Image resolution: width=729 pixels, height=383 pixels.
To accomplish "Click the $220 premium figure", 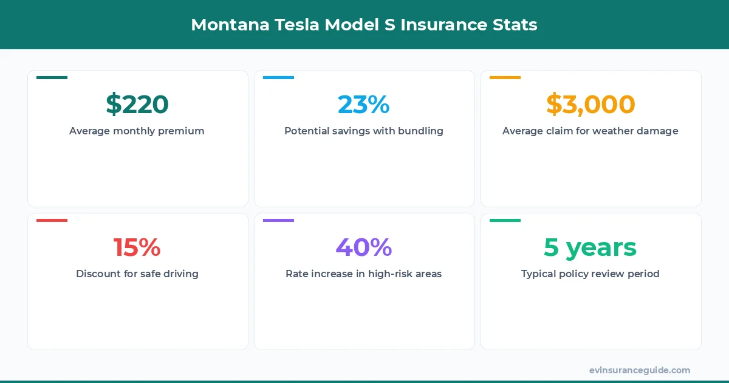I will (137, 105).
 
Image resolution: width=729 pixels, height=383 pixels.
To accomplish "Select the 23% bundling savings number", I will (364, 105).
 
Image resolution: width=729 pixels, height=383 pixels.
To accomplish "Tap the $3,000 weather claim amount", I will (590, 105).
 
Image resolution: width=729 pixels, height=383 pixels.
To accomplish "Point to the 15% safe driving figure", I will (137, 247).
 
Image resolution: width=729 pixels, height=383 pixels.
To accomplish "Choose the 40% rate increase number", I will (364, 247).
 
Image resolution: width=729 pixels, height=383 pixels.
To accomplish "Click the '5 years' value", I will (590, 247).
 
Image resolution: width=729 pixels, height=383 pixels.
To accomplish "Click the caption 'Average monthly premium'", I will (137, 131).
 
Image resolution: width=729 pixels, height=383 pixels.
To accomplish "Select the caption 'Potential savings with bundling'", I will (364, 131).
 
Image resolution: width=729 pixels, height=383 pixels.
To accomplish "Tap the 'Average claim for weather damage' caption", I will (590, 131).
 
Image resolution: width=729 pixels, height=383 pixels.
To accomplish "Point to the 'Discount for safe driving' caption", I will (137, 274).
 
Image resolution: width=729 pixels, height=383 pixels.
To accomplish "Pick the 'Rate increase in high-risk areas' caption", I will (364, 274).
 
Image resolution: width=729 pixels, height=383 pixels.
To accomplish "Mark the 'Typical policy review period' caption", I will (590, 274).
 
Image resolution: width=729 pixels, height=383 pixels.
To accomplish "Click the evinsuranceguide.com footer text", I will (640, 370).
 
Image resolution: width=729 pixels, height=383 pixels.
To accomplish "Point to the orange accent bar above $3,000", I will (505, 78).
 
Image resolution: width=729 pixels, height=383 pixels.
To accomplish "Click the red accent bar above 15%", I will (52, 221).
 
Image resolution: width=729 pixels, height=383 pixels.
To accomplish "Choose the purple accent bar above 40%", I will (278, 221).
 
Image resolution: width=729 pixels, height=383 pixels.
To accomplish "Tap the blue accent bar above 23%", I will (278, 78).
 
